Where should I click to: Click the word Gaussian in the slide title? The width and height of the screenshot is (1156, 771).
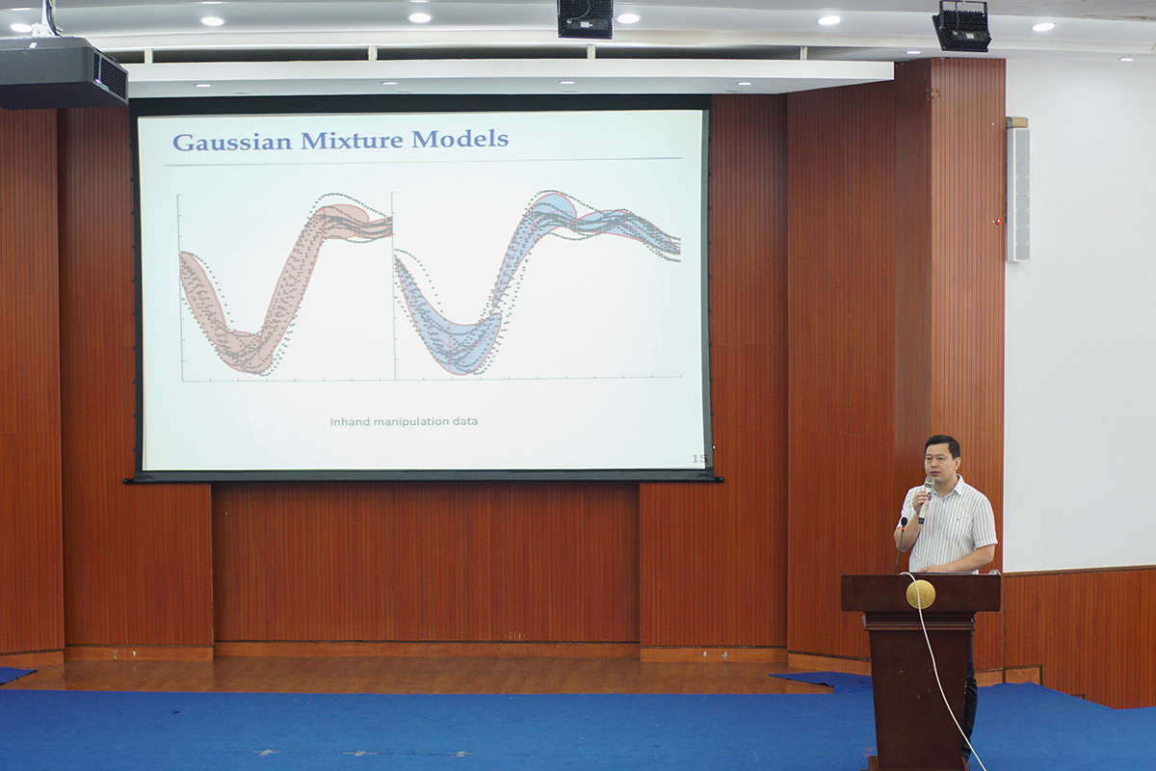[233, 141]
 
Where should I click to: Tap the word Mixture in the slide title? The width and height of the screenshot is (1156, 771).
[352, 140]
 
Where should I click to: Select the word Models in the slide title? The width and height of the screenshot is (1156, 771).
[460, 139]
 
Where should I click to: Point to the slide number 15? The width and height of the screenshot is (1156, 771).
[698, 458]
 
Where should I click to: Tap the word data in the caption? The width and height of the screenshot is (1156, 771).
[467, 421]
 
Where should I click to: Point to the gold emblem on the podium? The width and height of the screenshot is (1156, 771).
[921, 594]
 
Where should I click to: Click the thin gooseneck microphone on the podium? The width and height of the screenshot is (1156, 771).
[901, 545]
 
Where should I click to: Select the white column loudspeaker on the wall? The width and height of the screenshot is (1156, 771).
[1017, 194]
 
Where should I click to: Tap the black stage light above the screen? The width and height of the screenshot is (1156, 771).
[585, 18]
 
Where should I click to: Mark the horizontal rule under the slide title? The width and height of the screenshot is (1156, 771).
[423, 162]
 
